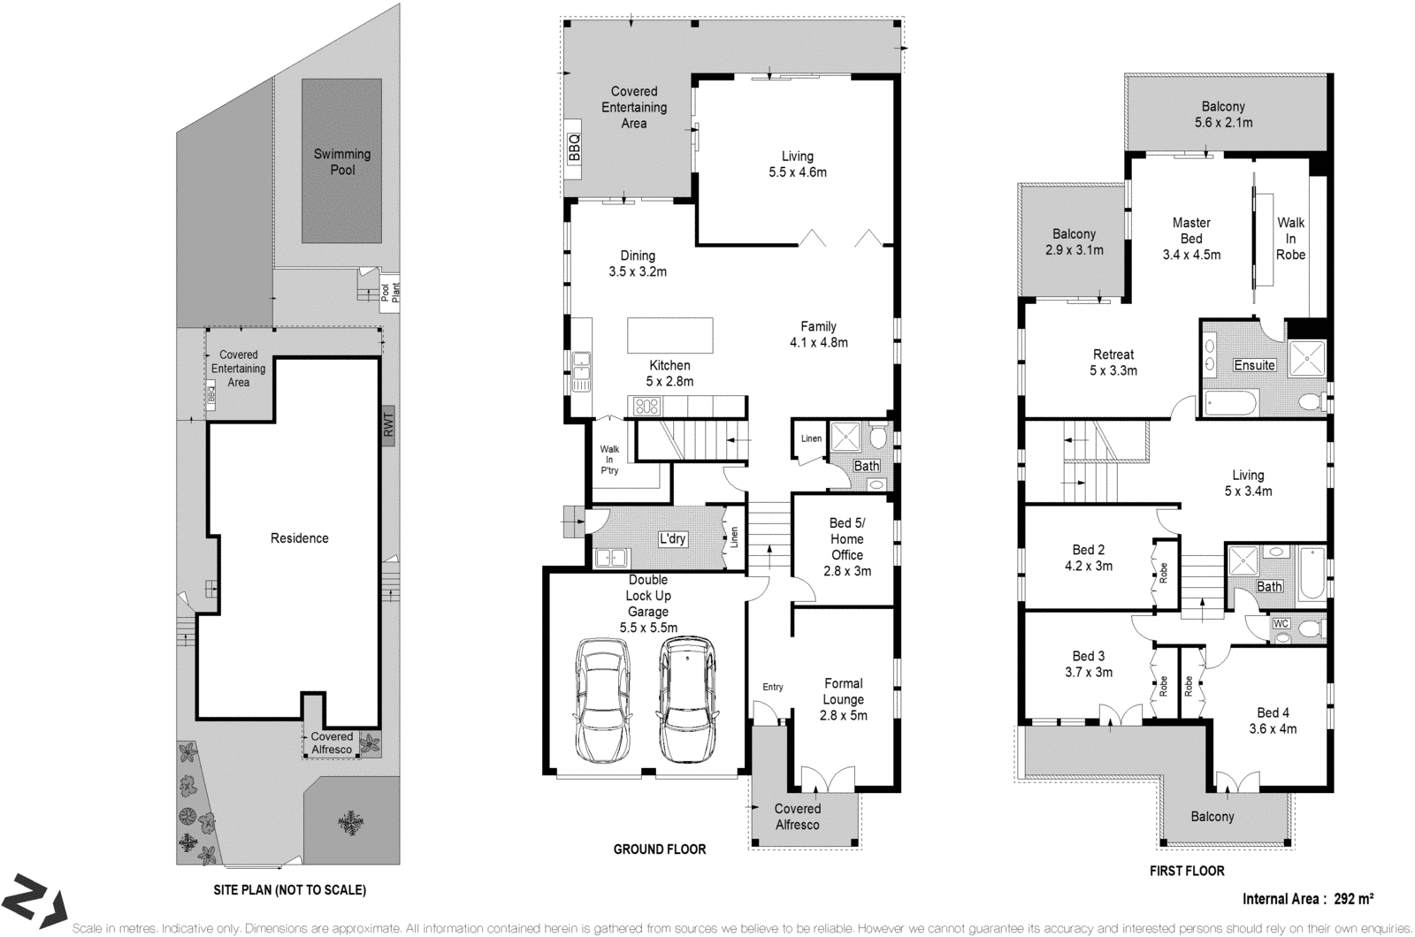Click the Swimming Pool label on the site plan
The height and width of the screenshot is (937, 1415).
(342, 162)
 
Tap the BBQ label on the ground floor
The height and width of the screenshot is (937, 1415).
(573, 149)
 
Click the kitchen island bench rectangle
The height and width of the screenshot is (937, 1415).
(669, 335)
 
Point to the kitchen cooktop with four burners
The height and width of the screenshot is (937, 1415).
(646, 407)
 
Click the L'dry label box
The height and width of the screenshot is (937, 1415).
(672, 539)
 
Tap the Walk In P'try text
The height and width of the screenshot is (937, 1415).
(609, 460)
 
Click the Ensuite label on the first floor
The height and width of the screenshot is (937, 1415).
(1254, 365)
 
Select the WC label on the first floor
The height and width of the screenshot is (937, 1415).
(1281, 624)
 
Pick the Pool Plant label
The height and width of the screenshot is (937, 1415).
(390, 292)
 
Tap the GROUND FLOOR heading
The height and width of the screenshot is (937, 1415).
(660, 849)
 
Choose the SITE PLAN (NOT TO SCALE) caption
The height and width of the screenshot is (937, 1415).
(290, 890)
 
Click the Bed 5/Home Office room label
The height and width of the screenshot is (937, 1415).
(846, 547)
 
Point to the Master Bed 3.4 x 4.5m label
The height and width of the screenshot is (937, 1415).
(1191, 239)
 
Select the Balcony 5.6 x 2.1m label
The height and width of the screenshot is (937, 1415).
(1223, 115)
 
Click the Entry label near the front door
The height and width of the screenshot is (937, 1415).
(773, 687)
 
